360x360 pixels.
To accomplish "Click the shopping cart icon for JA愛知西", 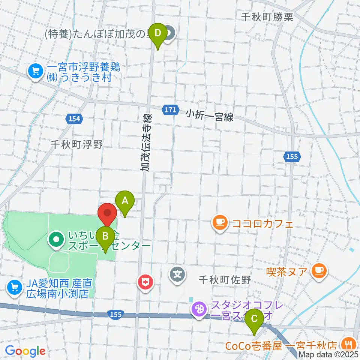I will point(15,288).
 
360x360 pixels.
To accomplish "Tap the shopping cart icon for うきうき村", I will point(36,70).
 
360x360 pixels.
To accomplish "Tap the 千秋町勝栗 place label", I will point(267,16).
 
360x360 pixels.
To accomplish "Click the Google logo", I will point(25,351).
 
